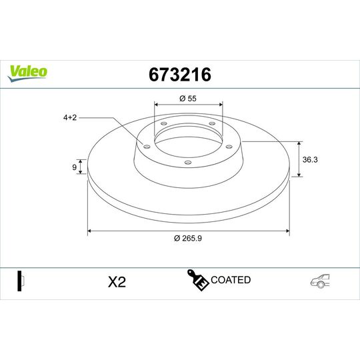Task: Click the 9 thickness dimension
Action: pyautogui.click(x=74, y=167)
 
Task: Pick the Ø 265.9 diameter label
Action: pyautogui.click(x=189, y=239)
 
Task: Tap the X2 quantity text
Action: pyautogui.click(x=117, y=282)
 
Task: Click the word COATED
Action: pyautogui.click(x=231, y=280)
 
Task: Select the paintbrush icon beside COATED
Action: pyautogui.click(x=198, y=281)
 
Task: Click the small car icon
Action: pyautogui.click(x=319, y=282)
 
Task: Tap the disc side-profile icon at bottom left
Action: pyautogui.click(x=20, y=281)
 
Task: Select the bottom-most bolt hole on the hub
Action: pyautogui.click(x=187, y=163)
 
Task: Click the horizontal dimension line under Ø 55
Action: pyautogui.click(x=189, y=105)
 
